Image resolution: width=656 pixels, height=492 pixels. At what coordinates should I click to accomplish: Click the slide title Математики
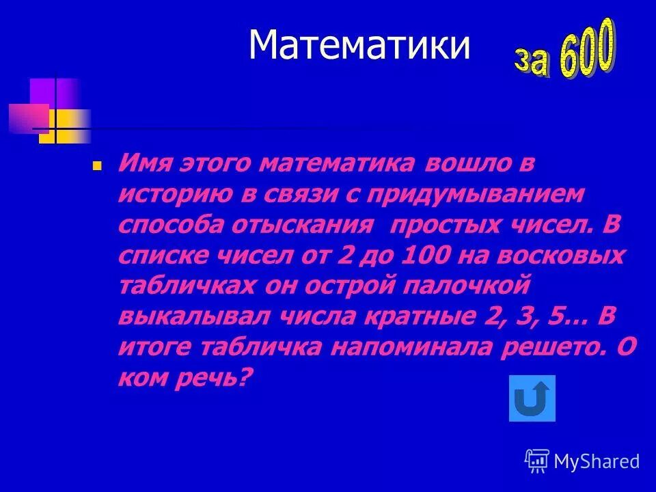(359, 46)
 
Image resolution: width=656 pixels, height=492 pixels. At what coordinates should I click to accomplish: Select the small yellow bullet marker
(97, 165)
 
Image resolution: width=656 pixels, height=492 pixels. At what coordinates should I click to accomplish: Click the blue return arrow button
(532, 398)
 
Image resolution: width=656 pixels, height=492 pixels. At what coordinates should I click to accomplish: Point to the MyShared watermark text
(597, 461)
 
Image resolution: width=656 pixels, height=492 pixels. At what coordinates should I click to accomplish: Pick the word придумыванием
(476, 195)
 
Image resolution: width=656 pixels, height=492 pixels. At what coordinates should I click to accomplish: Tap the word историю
(172, 195)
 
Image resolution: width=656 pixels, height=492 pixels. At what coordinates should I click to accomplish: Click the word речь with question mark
(209, 377)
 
